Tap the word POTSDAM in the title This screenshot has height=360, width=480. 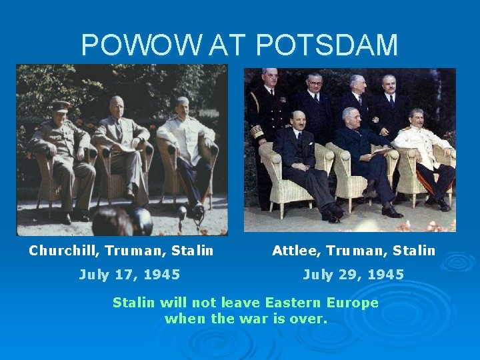tap(327, 45)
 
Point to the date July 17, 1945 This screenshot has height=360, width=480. tap(129, 274)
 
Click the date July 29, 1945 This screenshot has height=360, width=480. tap(353, 274)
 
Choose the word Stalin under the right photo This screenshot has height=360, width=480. tap(413, 251)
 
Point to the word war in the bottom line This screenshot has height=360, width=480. tap(266, 319)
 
